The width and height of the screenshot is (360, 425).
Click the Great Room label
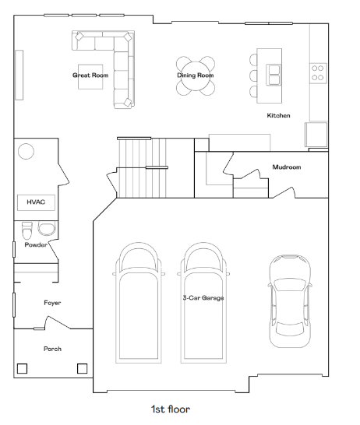coord(90,76)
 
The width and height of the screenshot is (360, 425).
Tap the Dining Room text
coord(196,75)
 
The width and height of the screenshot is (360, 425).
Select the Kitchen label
coord(279,115)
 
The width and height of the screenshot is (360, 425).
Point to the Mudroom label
coord(287,167)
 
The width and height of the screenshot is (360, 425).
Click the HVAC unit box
coord(36,202)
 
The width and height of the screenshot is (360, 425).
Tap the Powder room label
coord(36,244)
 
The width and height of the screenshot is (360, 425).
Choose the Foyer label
coord(52,303)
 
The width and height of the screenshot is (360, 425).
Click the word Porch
coord(52,349)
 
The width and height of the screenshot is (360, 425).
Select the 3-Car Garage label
coord(203,298)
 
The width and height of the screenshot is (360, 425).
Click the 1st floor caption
coord(171,409)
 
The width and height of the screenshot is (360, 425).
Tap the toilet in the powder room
coord(26,230)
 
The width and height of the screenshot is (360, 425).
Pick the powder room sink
coord(47,229)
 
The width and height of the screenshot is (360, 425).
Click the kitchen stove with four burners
coord(318,73)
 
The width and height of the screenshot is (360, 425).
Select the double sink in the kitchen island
coord(274,75)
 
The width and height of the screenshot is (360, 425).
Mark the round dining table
coord(196,76)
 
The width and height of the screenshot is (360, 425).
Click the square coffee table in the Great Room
coord(90,77)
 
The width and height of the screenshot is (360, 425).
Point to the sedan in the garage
coord(290,301)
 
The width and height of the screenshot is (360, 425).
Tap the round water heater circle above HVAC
coord(26,151)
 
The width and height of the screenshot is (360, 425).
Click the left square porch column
coord(23,369)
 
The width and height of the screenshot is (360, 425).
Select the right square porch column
coord(82,369)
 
